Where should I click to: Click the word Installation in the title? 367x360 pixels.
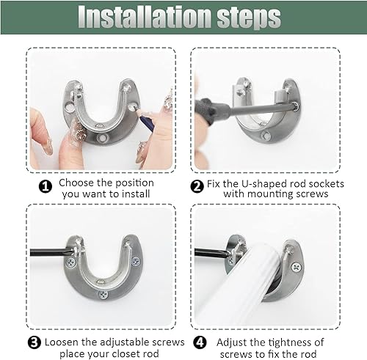click(x=145, y=17)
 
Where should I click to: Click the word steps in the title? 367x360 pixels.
click(x=249, y=18)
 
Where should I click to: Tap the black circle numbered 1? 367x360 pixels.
click(x=46, y=187)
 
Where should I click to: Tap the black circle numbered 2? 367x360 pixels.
click(x=197, y=187)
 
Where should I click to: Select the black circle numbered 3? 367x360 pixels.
click(x=34, y=342)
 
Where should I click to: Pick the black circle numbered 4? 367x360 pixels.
click(x=200, y=342)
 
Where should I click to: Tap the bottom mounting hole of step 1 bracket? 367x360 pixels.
click(x=102, y=138)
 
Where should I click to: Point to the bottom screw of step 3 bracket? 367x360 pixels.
click(x=103, y=295)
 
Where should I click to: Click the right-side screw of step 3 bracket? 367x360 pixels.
click(x=135, y=262)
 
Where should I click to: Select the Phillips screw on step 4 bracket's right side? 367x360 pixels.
click(x=297, y=268)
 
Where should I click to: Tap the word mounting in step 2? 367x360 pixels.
click(x=271, y=194)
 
